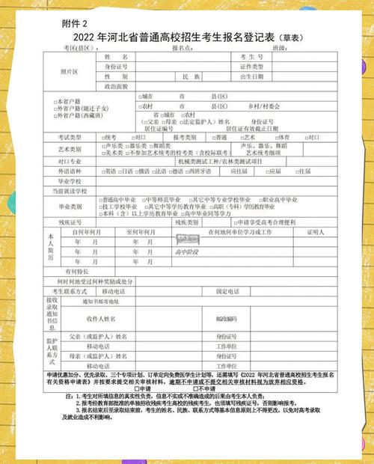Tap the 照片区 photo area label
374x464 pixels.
point(69,73)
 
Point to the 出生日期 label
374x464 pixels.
point(253,77)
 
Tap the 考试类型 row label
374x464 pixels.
point(70,138)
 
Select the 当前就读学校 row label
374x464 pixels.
point(70,192)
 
